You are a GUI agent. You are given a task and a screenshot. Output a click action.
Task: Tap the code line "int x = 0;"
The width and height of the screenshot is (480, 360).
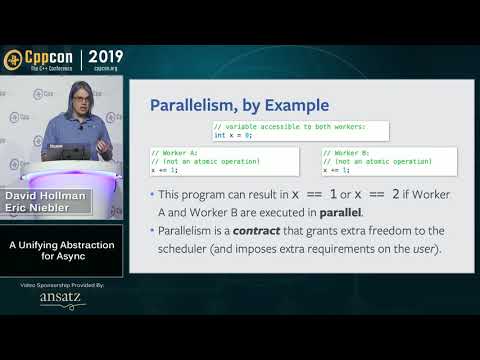[x=234, y=134]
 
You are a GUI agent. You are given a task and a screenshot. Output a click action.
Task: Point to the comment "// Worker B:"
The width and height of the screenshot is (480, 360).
[x=345, y=152]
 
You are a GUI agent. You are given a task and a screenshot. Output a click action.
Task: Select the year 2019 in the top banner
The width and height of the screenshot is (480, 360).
[x=108, y=56]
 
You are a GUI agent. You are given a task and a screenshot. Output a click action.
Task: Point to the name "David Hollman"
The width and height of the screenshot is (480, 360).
[x=46, y=195]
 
